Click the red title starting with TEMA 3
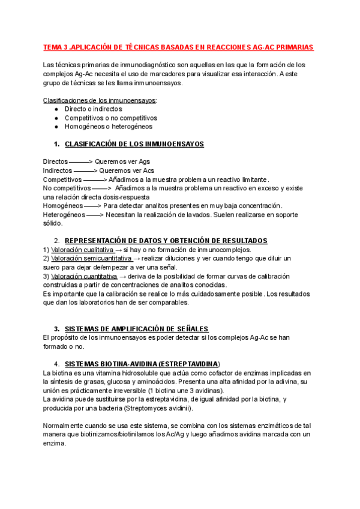tap(178, 47)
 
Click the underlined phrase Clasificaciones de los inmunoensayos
tap(100, 100)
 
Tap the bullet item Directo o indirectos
tap(93, 109)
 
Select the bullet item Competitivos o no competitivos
tap(111, 118)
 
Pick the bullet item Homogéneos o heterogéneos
tap(108, 127)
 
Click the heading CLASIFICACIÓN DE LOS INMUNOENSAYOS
tap(134, 144)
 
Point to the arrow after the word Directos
tap(82, 161)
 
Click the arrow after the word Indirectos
tap(85, 170)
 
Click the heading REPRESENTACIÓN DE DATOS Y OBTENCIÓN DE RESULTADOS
tap(166, 241)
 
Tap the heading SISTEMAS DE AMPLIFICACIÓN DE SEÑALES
tap(136, 329)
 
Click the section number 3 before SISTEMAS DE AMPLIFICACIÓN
tap(56, 329)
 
